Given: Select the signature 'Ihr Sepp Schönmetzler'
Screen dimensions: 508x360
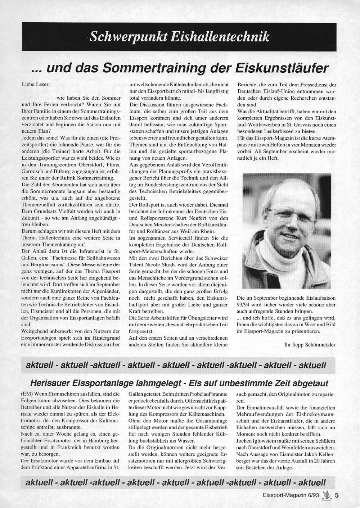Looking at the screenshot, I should pyautogui.click(x=310, y=344).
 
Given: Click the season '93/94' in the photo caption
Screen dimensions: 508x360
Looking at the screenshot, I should pyautogui.click(x=244, y=304).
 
